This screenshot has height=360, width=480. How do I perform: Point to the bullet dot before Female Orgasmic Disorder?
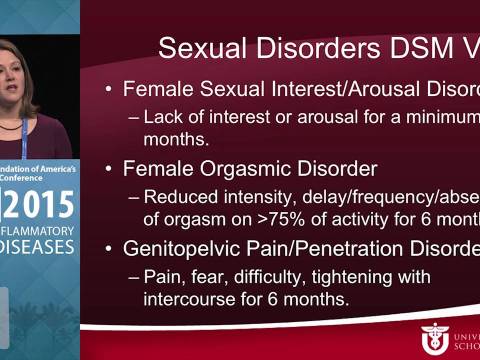pyautogui.click(x=109, y=162)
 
